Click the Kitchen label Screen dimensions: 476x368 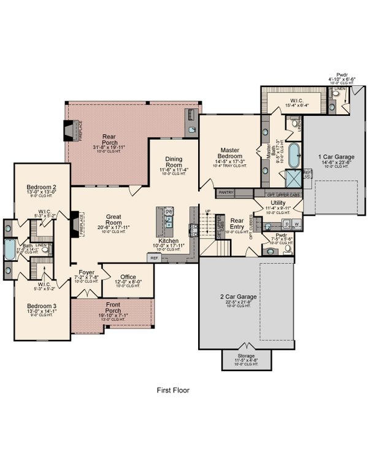168,242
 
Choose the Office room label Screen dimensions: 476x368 128,277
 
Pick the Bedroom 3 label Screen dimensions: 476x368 41,306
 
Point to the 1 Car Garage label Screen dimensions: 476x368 335,158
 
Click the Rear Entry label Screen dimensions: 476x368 237,223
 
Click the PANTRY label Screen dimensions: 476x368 226,192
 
